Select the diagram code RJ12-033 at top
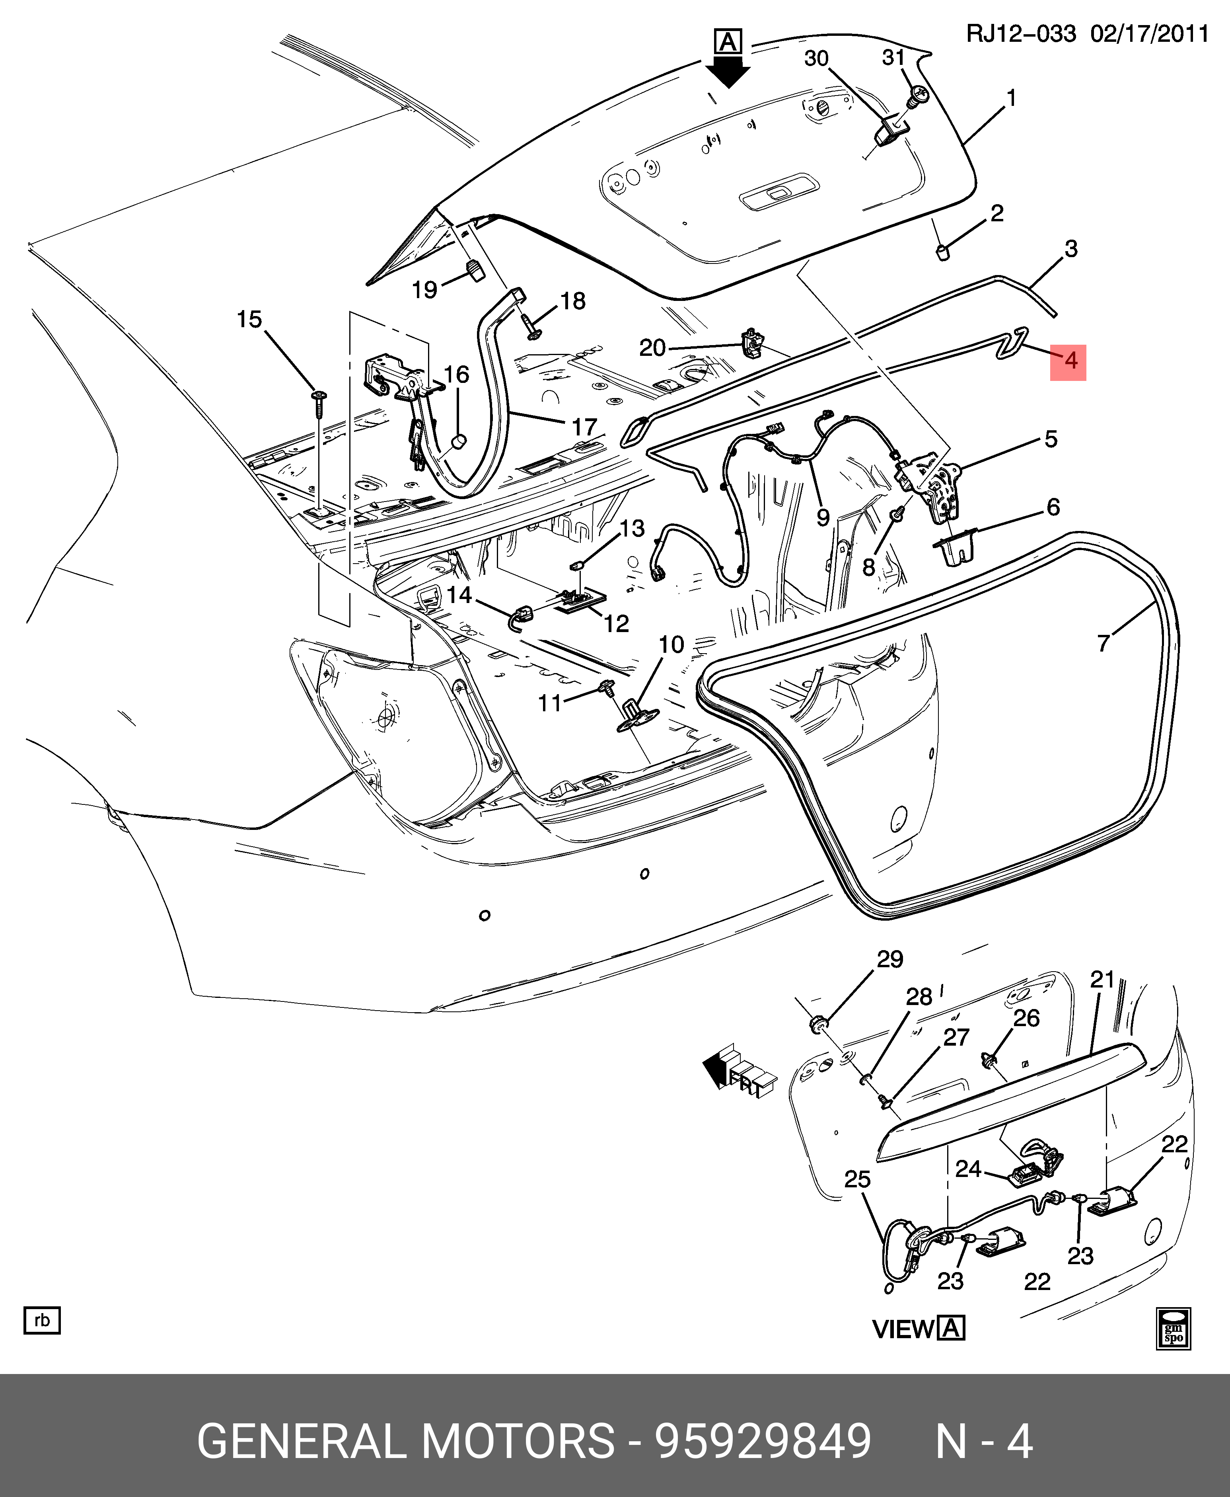1021,33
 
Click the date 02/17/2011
1149,33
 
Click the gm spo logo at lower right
1174,1327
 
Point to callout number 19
425,289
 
